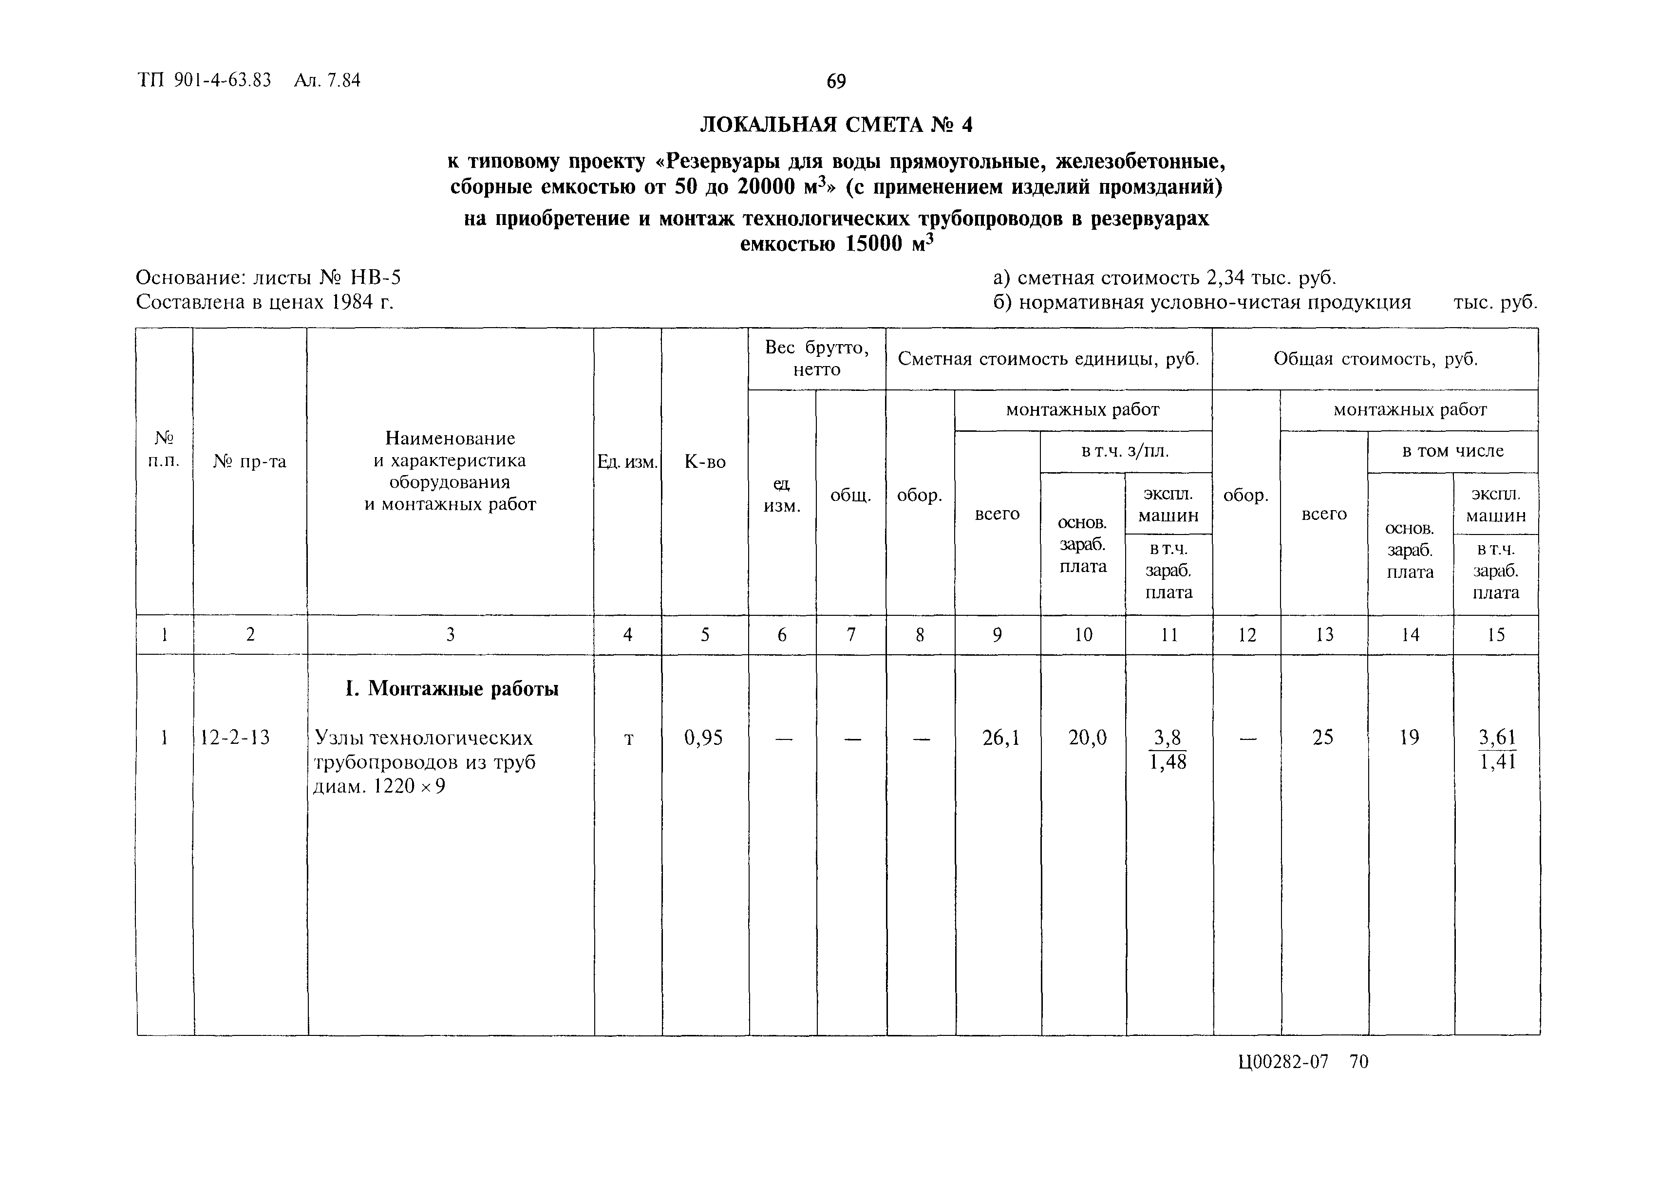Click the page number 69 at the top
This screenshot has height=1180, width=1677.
836,81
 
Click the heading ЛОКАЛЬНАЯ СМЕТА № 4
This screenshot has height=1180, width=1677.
836,125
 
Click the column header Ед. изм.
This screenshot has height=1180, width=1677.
627,461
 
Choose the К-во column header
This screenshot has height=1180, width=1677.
705,461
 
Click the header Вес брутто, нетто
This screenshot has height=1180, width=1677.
817,358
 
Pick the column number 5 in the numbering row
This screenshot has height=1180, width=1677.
705,635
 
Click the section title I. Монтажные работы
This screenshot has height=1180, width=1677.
452,688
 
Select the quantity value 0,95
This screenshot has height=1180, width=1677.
703,737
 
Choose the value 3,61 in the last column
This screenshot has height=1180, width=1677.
1497,737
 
